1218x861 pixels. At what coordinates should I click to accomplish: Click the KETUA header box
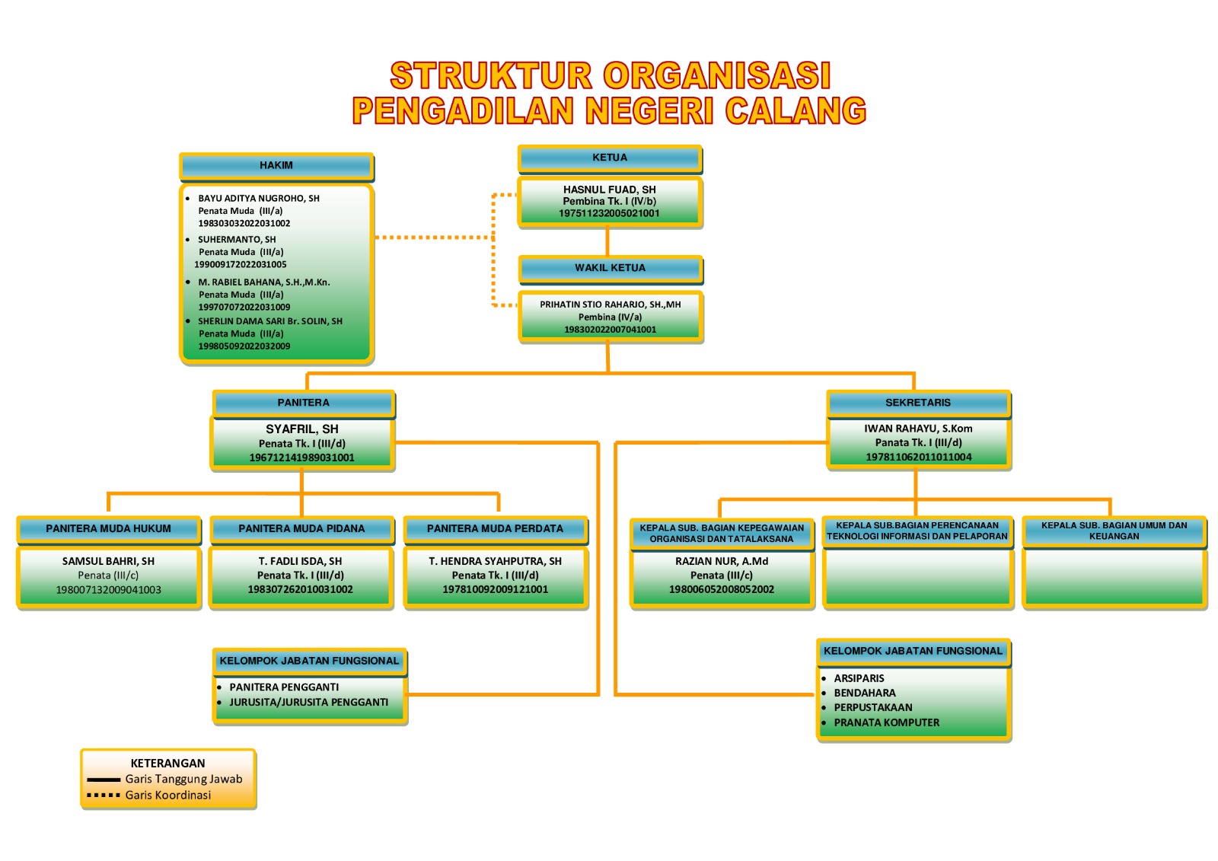point(610,159)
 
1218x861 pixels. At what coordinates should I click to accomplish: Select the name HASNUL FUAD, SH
point(610,190)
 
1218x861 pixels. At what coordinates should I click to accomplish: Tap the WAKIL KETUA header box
point(610,269)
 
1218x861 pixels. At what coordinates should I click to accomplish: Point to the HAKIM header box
point(276,167)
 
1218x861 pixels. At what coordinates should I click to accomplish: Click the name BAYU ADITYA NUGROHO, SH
point(259,199)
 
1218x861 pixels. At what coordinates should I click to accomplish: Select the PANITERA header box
point(304,403)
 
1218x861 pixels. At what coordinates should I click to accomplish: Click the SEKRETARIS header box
point(918,403)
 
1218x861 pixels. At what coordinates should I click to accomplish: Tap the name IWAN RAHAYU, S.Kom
point(918,429)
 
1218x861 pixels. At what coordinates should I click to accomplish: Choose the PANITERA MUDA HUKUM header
point(109,530)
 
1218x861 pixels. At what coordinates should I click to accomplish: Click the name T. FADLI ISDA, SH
point(300,561)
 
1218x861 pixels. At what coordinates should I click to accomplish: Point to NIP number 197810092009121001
point(496,589)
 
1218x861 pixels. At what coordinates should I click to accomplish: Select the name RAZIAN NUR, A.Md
point(722,561)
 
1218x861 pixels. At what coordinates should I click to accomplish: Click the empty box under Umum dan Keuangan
point(1114,577)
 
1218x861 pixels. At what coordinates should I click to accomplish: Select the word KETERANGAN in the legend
point(168,763)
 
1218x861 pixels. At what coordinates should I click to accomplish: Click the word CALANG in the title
point(796,110)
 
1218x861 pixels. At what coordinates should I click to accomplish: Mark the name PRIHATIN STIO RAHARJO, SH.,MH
point(610,305)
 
